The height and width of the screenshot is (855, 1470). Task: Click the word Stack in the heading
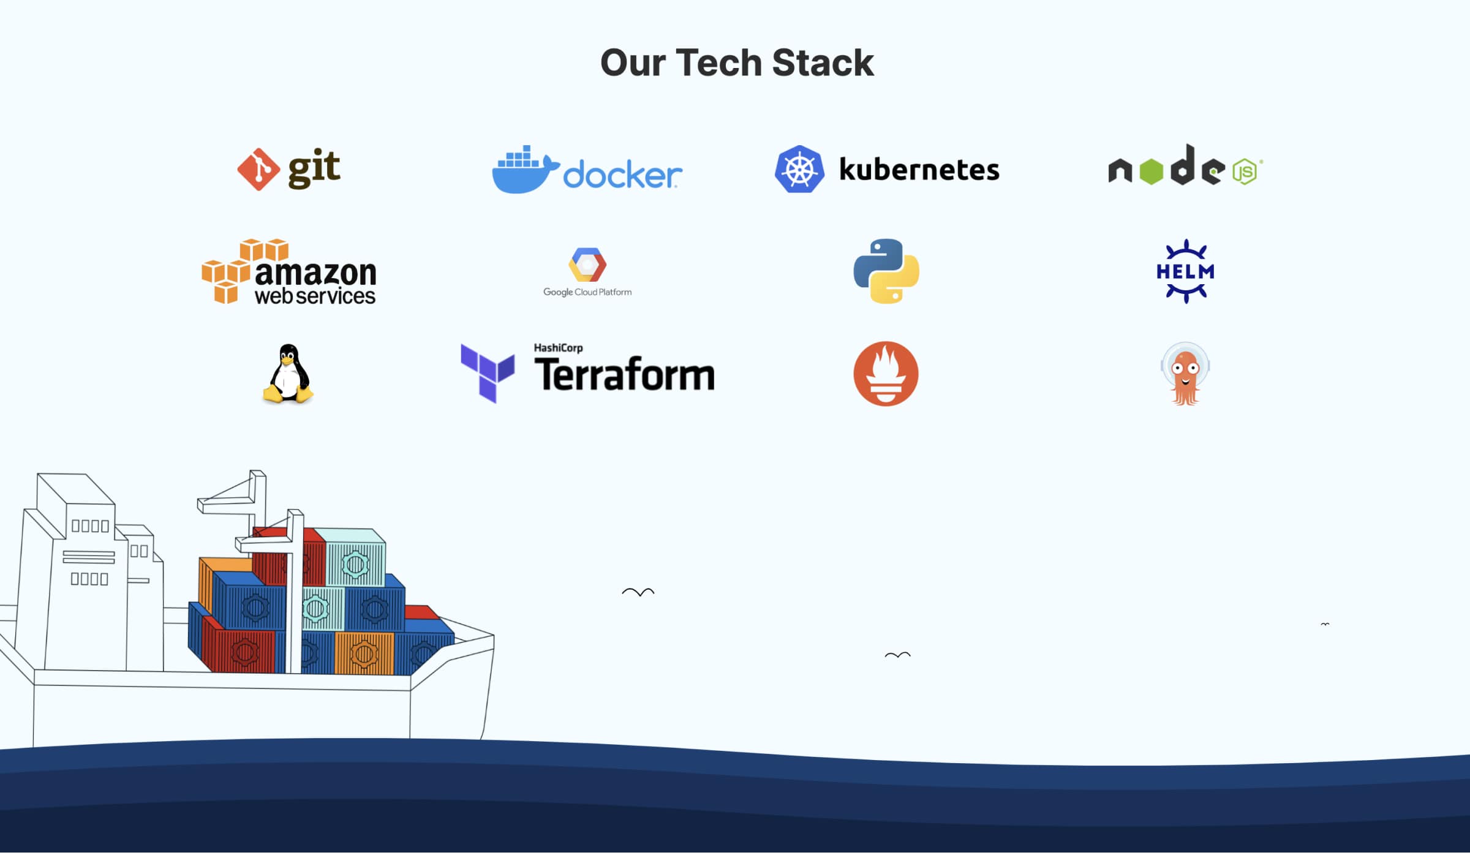[823, 63]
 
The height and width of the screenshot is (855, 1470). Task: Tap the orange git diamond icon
[258, 170]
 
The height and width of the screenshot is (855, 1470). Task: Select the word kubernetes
[919, 170]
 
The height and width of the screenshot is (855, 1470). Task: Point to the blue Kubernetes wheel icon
[799, 170]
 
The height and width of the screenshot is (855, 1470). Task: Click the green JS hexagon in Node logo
[1245, 171]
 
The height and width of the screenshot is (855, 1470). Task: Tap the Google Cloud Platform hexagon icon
[587, 265]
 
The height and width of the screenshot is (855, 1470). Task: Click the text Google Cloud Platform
[587, 293]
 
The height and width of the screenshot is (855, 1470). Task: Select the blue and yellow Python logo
[886, 271]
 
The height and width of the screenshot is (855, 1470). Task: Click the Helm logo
[1185, 271]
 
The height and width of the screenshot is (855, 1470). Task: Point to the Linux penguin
[288, 374]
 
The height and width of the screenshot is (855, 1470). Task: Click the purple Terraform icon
[488, 372]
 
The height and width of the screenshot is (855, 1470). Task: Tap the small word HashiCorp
[558, 348]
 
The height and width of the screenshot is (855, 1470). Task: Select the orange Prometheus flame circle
[886, 374]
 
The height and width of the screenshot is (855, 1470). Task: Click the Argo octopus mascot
[1185, 374]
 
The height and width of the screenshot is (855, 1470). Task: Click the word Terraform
[624, 375]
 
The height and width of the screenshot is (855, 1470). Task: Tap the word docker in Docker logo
[622, 175]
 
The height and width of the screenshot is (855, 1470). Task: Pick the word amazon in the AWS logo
[315, 274]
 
